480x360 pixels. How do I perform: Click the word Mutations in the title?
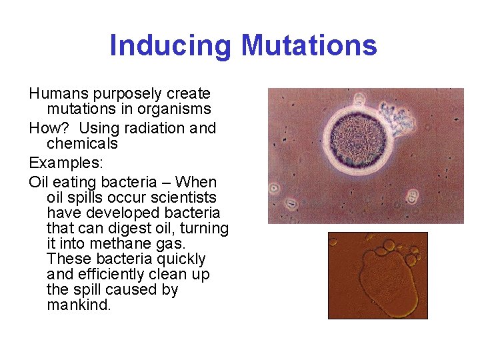[309, 45]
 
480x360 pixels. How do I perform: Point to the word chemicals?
[82, 143]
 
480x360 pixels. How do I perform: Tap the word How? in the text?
[47, 128]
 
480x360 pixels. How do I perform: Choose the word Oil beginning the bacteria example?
[39, 182]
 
